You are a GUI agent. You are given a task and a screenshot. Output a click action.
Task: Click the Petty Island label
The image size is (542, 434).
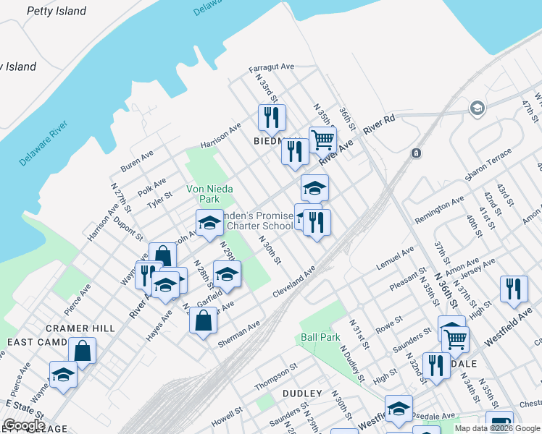[57, 11]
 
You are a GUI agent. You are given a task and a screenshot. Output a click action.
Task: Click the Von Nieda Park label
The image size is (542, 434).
[203, 194]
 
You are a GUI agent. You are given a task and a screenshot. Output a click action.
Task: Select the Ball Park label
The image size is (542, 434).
[320, 337]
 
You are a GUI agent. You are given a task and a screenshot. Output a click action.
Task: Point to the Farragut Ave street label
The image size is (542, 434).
[271, 67]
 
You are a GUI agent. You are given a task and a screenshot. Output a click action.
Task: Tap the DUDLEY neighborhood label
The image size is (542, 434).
[302, 393]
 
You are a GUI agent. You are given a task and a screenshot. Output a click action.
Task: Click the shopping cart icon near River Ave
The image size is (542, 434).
[322, 138]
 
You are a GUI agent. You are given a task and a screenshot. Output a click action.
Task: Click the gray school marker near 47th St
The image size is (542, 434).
[477, 109]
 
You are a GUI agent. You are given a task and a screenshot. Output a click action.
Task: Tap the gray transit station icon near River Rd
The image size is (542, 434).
[416, 153]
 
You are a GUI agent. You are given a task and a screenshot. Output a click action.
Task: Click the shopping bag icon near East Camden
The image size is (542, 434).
[82, 351]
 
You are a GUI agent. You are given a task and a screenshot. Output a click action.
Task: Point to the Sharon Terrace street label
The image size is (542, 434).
[488, 166]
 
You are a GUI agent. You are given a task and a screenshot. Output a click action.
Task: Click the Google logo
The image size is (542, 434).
[23, 425]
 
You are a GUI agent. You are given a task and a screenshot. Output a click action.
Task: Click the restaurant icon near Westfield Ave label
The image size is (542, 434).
[514, 287]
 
